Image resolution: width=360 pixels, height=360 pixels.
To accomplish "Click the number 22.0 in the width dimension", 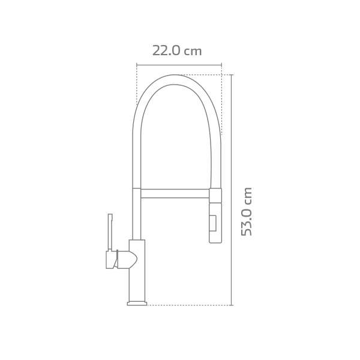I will [166, 51].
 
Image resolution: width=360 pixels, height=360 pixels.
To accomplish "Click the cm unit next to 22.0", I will [193, 52].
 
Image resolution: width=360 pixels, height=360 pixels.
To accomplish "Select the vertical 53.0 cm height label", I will [247, 211].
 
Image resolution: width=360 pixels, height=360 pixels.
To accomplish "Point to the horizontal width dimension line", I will [179, 65].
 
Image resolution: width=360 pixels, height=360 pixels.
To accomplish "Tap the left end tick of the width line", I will [137, 65].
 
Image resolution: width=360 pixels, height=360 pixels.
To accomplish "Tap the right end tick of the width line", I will [221, 65].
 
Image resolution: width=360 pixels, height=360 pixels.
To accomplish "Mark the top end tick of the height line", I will [231, 75].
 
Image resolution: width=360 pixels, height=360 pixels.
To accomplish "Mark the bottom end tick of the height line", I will [231, 305].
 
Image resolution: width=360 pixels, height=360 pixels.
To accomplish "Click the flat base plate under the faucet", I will [137, 304].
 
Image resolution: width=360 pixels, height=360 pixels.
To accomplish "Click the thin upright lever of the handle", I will [110, 231].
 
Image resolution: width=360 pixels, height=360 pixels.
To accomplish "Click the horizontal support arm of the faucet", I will [175, 193].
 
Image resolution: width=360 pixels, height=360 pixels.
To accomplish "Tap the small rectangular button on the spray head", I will [212, 223].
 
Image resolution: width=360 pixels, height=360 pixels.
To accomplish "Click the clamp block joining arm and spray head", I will [215, 196].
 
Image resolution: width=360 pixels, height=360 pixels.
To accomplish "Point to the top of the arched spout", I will [175, 79].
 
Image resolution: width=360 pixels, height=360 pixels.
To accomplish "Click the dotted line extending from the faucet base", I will [186, 305].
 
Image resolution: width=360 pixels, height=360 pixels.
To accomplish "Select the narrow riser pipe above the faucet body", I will [137, 216].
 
